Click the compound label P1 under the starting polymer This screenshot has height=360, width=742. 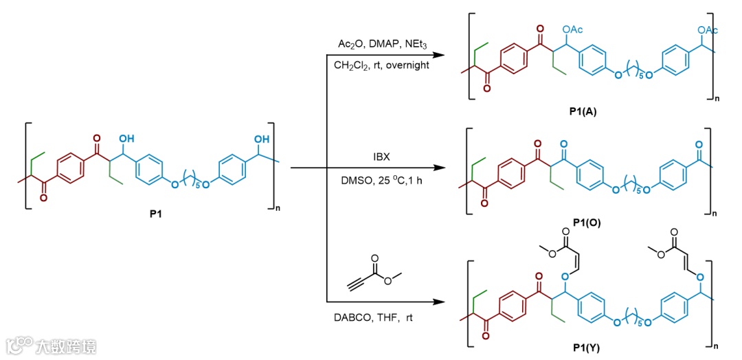pos(156,214)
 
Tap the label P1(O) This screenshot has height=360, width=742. pos(586,223)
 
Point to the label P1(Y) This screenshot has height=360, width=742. pos(586,348)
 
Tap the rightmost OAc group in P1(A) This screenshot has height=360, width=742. pos(707,30)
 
